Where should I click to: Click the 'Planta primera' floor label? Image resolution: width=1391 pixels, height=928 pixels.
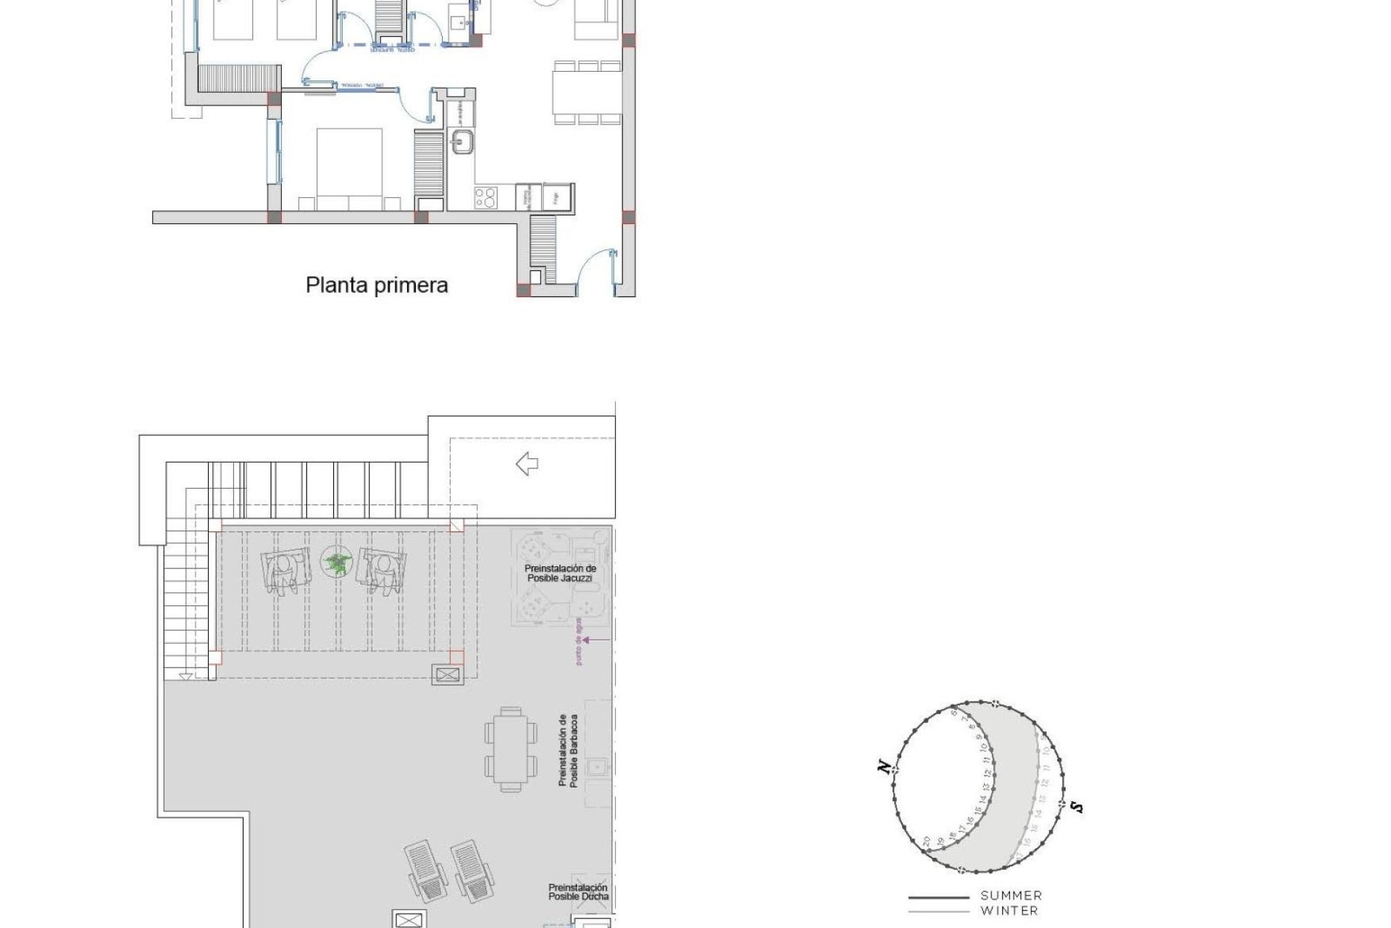(377, 285)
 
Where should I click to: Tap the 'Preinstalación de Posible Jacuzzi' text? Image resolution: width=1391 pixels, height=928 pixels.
(560, 573)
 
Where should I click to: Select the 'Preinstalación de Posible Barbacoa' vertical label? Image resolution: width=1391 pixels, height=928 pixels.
(567, 750)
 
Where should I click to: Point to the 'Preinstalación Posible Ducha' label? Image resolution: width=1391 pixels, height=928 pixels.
(578, 892)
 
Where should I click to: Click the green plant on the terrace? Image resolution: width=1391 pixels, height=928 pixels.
(335, 563)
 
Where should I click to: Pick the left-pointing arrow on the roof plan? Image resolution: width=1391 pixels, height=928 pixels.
(527, 463)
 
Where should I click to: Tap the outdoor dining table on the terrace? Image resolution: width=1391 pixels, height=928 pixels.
(511, 749)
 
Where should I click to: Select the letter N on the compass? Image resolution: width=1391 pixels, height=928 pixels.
(884, 766)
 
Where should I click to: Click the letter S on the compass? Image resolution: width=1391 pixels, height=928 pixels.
(1077, 806)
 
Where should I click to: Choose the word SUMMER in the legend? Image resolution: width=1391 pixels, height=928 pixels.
(1011, 896)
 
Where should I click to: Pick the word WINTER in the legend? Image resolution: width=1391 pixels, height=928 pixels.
(1009, 911)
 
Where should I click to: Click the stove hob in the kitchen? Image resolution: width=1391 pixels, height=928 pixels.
(485, 197)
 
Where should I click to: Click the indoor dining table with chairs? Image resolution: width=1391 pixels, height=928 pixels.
(588, 93)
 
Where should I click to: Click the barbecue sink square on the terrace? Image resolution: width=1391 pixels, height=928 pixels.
(598, 766)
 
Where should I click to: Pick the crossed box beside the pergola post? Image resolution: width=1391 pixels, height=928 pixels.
(448, 675)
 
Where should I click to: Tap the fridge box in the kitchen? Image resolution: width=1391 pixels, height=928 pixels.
(557, 197)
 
